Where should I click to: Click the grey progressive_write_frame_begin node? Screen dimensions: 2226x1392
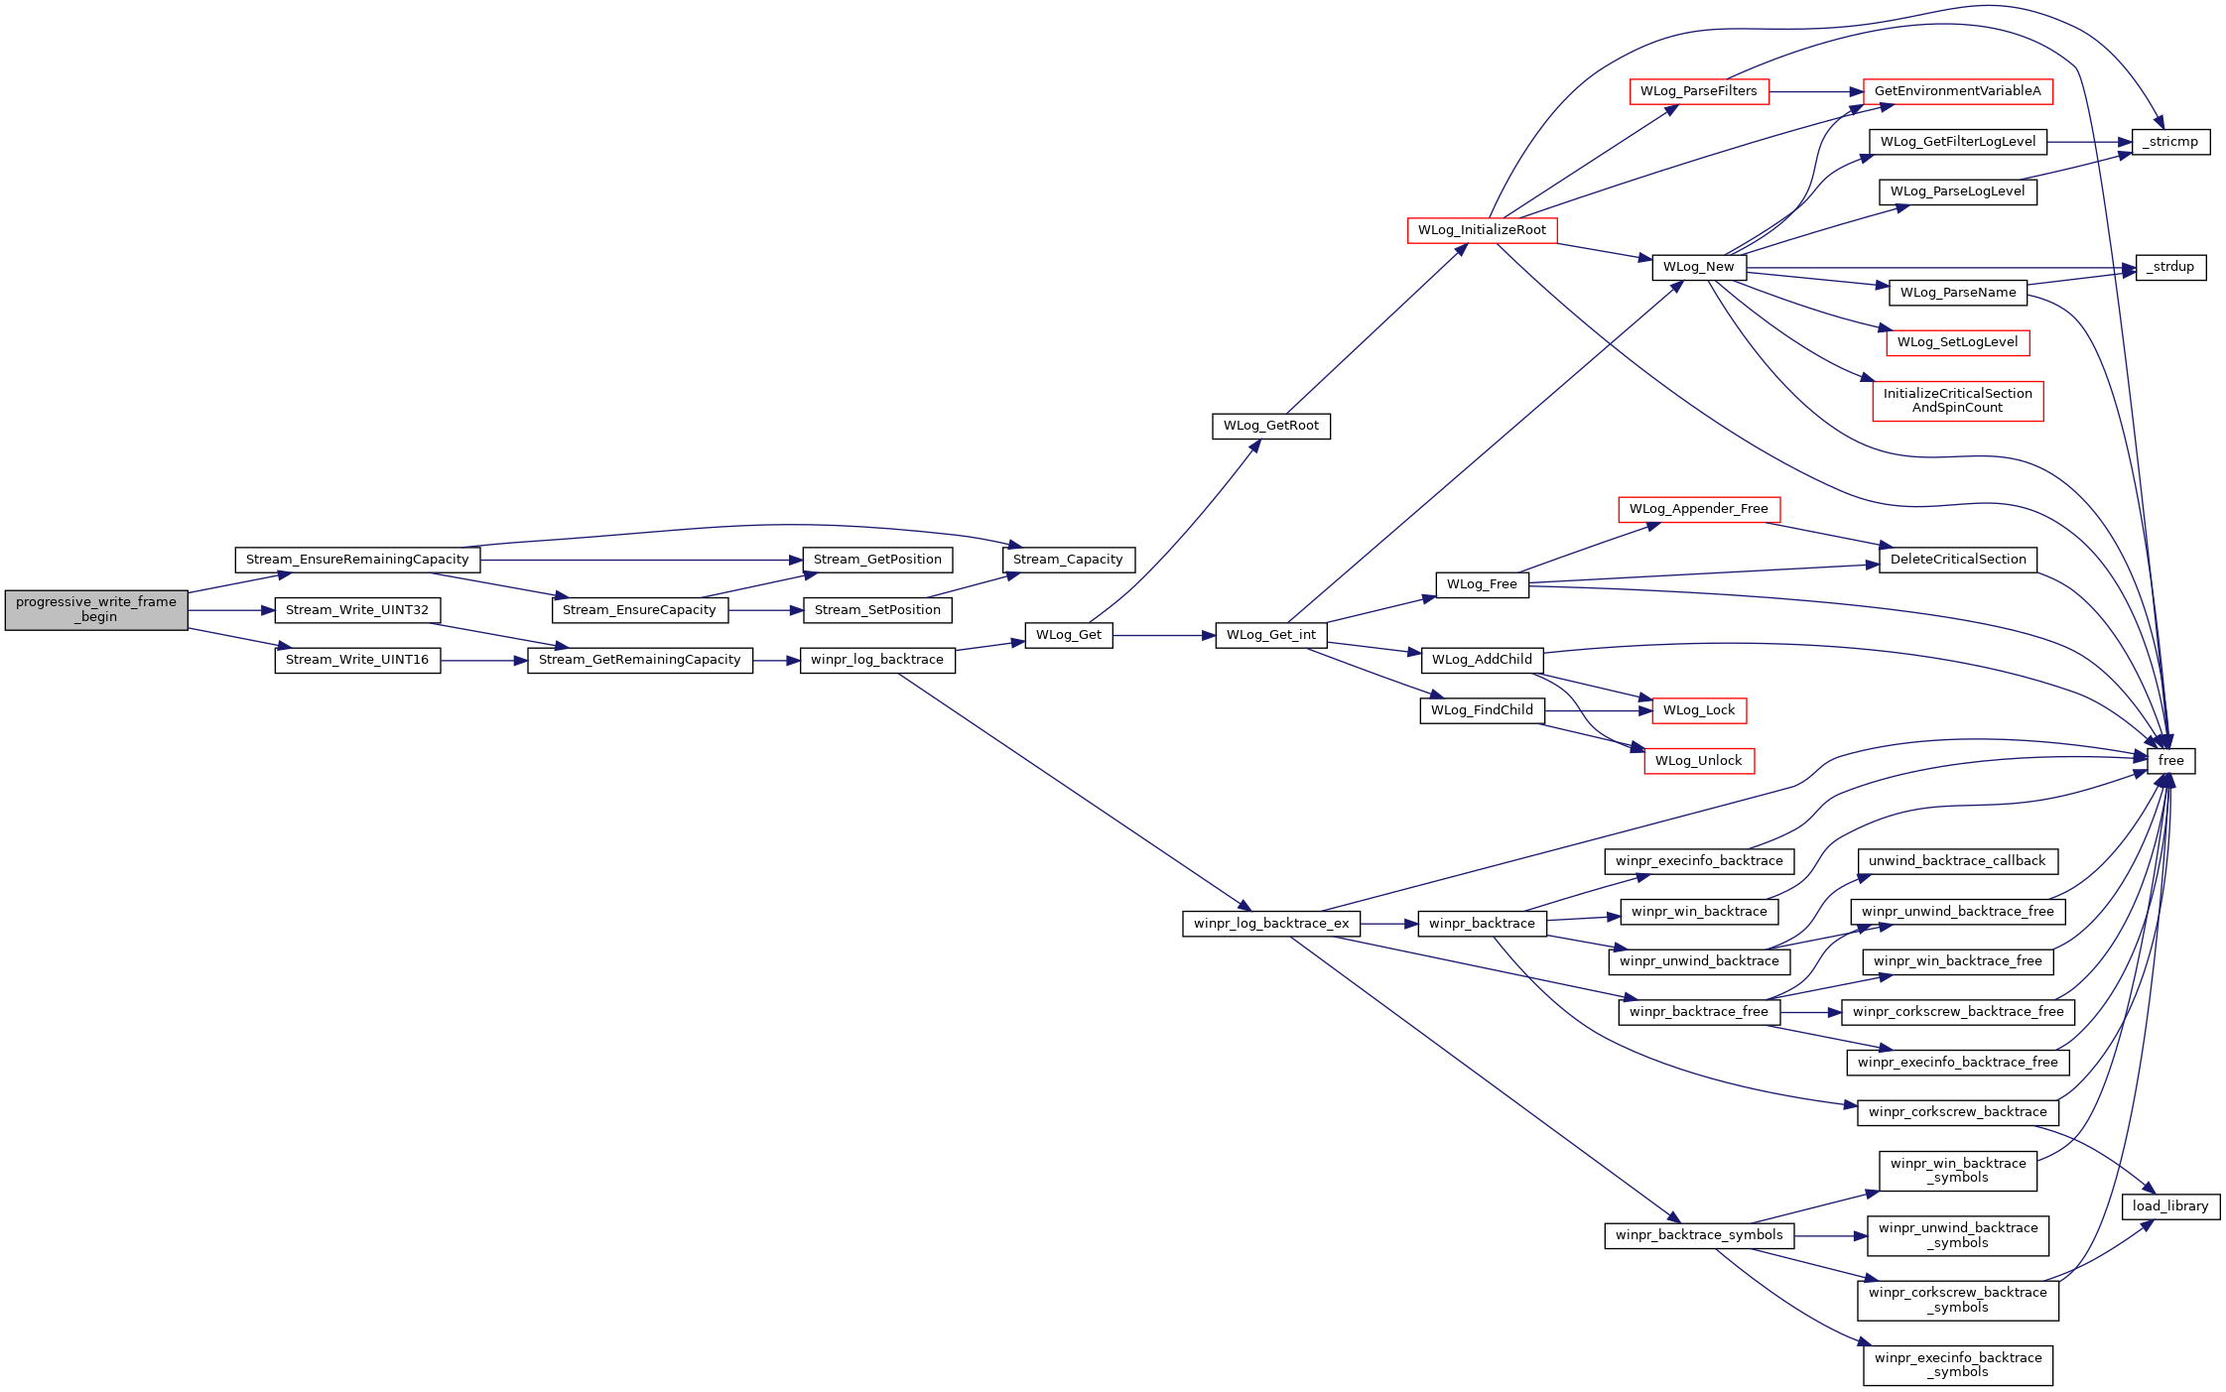(96, 609)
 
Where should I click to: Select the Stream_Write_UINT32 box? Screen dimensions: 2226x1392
(357, 610)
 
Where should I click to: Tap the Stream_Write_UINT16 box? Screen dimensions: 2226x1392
(357, 660)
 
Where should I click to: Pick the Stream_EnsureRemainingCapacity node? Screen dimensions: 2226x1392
(357, 560)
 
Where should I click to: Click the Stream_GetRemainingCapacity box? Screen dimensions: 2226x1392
(640, 660)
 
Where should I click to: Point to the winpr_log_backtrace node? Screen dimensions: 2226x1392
(877, 660)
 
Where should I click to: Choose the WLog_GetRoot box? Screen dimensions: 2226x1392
(1271, 426)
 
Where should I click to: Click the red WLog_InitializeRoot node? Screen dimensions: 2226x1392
(1482, 230)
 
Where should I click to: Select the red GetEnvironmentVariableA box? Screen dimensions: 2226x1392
(1958, 91)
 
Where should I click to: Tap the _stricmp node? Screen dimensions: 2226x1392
(2170, 142)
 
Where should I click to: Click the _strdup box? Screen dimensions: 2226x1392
(2170, 267)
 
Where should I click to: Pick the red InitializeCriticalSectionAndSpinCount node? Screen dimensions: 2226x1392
(1958, 401)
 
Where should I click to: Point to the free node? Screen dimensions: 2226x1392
(2170, 761)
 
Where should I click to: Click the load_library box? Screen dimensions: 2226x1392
(2170, 1206)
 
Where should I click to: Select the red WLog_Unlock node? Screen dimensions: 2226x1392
(1699, 761)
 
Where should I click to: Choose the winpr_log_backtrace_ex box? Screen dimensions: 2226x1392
(1271, 924)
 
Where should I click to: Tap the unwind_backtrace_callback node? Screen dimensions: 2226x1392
(1958, 861)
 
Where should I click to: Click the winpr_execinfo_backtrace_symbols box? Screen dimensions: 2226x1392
(1958, 1365)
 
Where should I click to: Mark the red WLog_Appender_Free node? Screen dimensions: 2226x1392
(1699, 509)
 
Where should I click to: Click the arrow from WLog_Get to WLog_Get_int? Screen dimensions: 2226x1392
(1164, 635)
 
